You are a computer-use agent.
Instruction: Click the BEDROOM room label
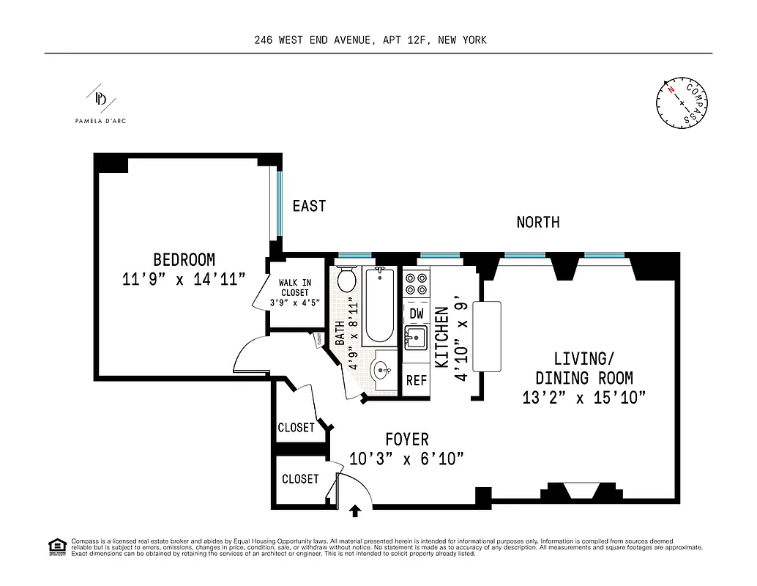pos(184,260)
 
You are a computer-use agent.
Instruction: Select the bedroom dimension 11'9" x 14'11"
pos(184,279)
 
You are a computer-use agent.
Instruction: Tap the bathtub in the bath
pos(380,306)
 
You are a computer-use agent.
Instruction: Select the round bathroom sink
pos(381,368)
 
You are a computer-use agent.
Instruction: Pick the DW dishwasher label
pos(417,314)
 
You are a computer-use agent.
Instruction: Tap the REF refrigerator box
pos(417,381)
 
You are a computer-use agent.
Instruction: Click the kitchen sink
pos(416,338)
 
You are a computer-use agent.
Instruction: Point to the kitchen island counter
pos(486,336)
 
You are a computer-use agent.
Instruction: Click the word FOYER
pos(407,439)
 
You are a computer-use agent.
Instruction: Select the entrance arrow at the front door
pos(356,511)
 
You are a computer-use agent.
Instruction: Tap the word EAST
pos(309,207)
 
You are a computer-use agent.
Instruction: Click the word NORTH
pos(538,222)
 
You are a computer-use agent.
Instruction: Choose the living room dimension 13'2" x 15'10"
pos(583,398)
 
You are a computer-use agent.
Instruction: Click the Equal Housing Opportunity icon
pos(56,546)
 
